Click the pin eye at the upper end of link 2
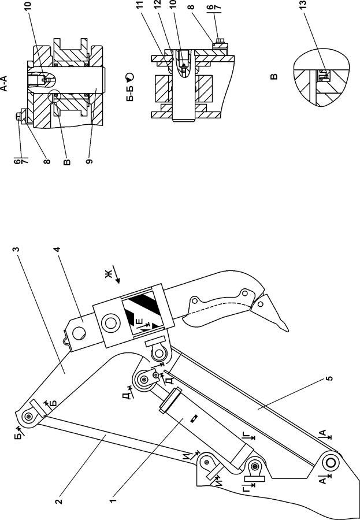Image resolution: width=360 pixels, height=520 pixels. [28, 417]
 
